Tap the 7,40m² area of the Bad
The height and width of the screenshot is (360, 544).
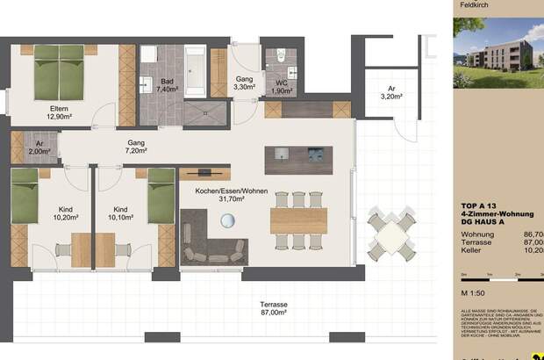click(x=167, y=89)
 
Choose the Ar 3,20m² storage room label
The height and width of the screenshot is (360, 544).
click(x=391, y=93)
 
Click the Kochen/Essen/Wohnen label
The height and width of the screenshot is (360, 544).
click(x=231, y=194)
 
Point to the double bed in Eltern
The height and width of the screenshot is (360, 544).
click(x=61, y=71)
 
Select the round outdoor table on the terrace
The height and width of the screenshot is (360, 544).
click(x=390, y=232)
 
